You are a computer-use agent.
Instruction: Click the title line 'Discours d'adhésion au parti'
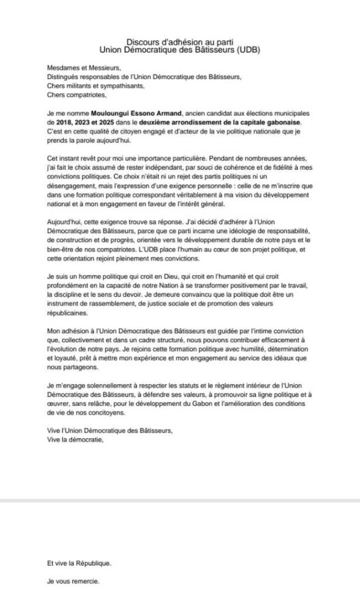(x=180, y=41)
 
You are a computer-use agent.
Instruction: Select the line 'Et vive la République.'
(x=79, y=563)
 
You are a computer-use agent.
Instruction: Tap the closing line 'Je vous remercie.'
(x=73, y=581)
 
